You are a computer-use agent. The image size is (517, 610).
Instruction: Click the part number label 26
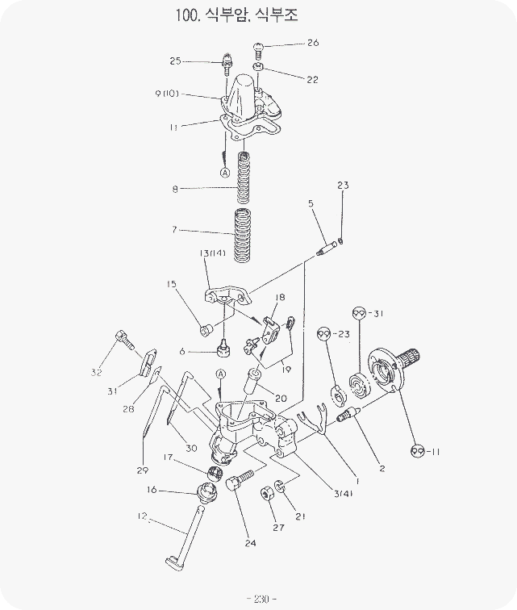(x=313, y=42)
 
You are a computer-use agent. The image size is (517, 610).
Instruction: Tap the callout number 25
(x=176, y=61)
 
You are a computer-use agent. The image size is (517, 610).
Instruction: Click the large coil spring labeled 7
(x=242, y=235)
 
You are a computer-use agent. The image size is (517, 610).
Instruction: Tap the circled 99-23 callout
(x=326, y=333)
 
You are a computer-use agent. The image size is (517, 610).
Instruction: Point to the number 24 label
(x=250, y=543)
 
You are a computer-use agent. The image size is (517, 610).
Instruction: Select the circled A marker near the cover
(x=225, y=172)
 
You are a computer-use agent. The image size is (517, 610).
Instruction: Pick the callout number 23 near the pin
(x=343, y=186)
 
